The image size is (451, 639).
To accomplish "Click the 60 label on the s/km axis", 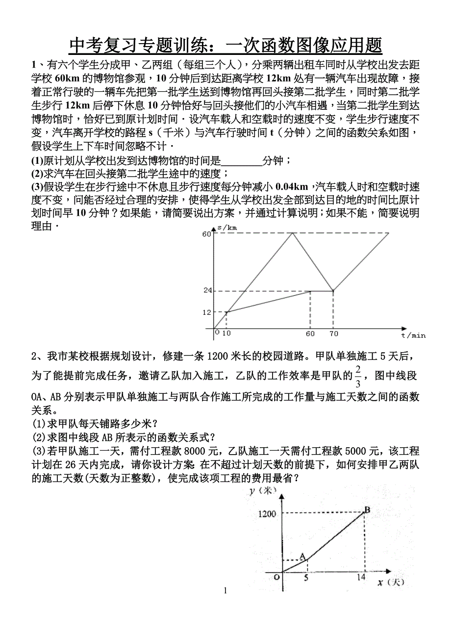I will coord(206,234).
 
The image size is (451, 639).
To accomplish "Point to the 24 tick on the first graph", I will coord(207,290).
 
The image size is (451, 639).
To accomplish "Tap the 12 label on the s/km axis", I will coord(206,312).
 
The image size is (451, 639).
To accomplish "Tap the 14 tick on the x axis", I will coord(361,578).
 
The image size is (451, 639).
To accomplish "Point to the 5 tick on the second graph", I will coord(306,578).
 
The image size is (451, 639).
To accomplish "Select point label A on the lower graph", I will coord(302,556).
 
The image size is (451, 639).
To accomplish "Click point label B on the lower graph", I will coord(367,510).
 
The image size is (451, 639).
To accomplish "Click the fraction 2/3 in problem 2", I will coord(358,376).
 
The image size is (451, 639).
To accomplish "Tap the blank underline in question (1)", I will coord(242,160).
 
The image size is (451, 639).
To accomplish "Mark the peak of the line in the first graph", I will coord(293,233).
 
